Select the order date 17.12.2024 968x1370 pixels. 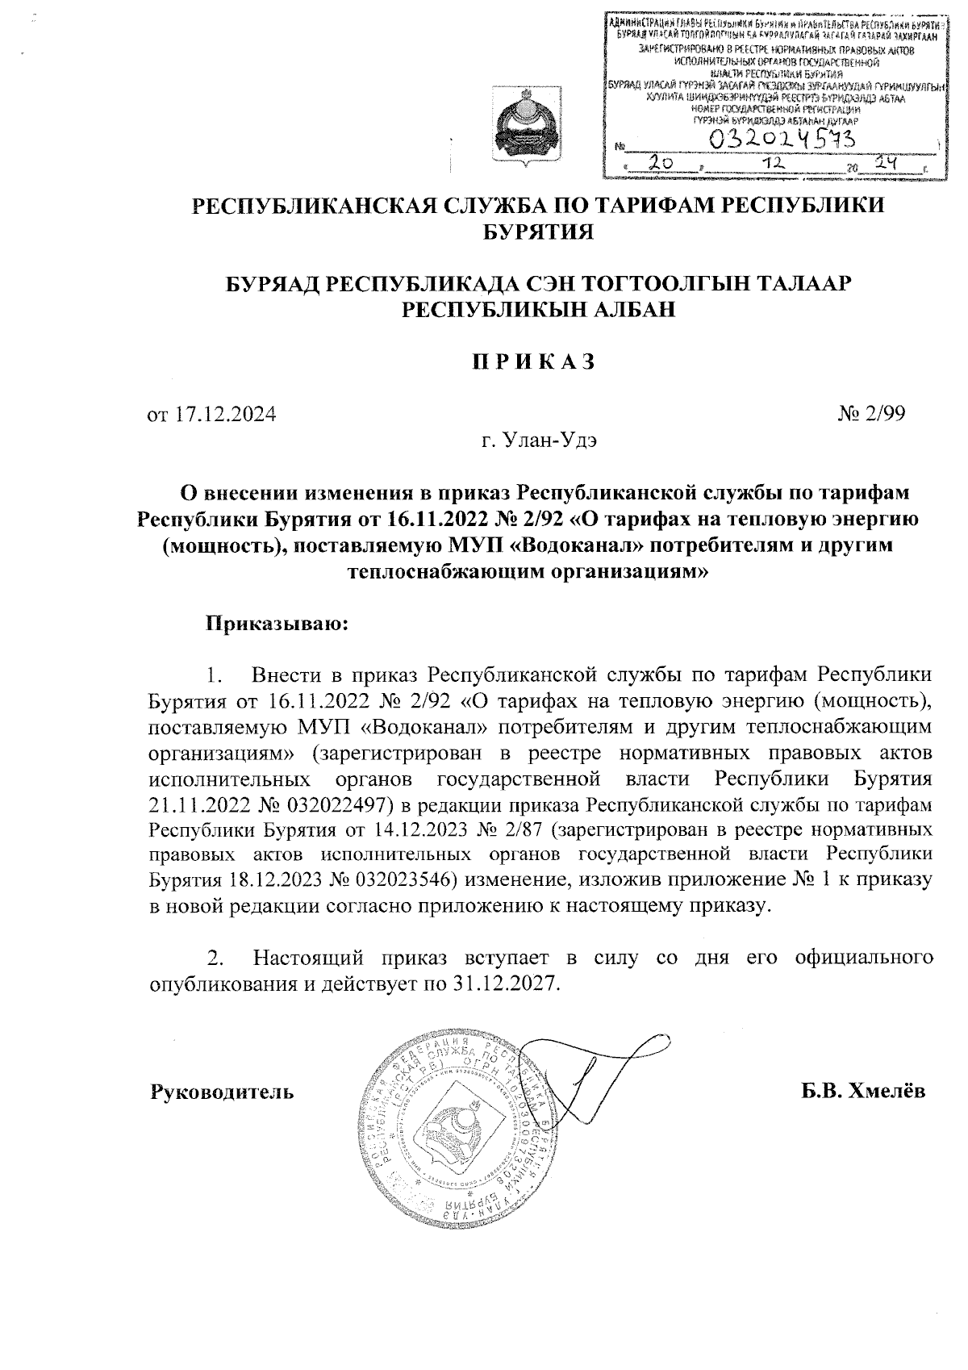pos(223,416)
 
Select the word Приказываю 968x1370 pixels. pos(274,624)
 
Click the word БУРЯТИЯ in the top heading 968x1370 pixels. pos(537,232)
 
